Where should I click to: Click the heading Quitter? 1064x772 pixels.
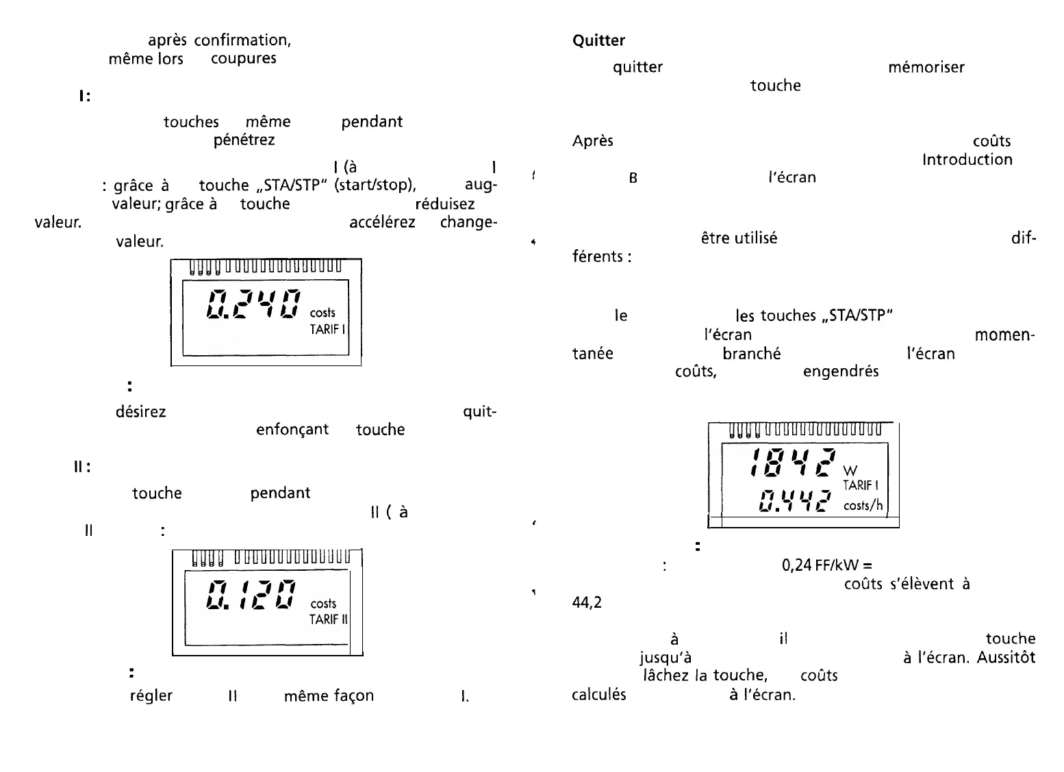tap(598, 41)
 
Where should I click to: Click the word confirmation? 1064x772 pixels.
tap(242, 40)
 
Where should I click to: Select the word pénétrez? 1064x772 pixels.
tap(244, 140)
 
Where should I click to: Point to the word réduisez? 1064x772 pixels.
tap(444, 204)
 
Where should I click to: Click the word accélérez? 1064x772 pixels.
tap(382, 223)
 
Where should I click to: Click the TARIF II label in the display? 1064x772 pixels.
tap(329, 619)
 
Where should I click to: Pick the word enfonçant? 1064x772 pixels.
tap(292, 430)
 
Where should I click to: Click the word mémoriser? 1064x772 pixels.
tap(926, 68)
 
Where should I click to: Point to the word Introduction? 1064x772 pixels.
tap(967, 159)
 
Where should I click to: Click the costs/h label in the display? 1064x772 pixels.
tap(863, 506)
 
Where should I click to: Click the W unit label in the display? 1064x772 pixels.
tap(850, 472)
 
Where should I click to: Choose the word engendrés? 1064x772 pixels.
tap(840, 372)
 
